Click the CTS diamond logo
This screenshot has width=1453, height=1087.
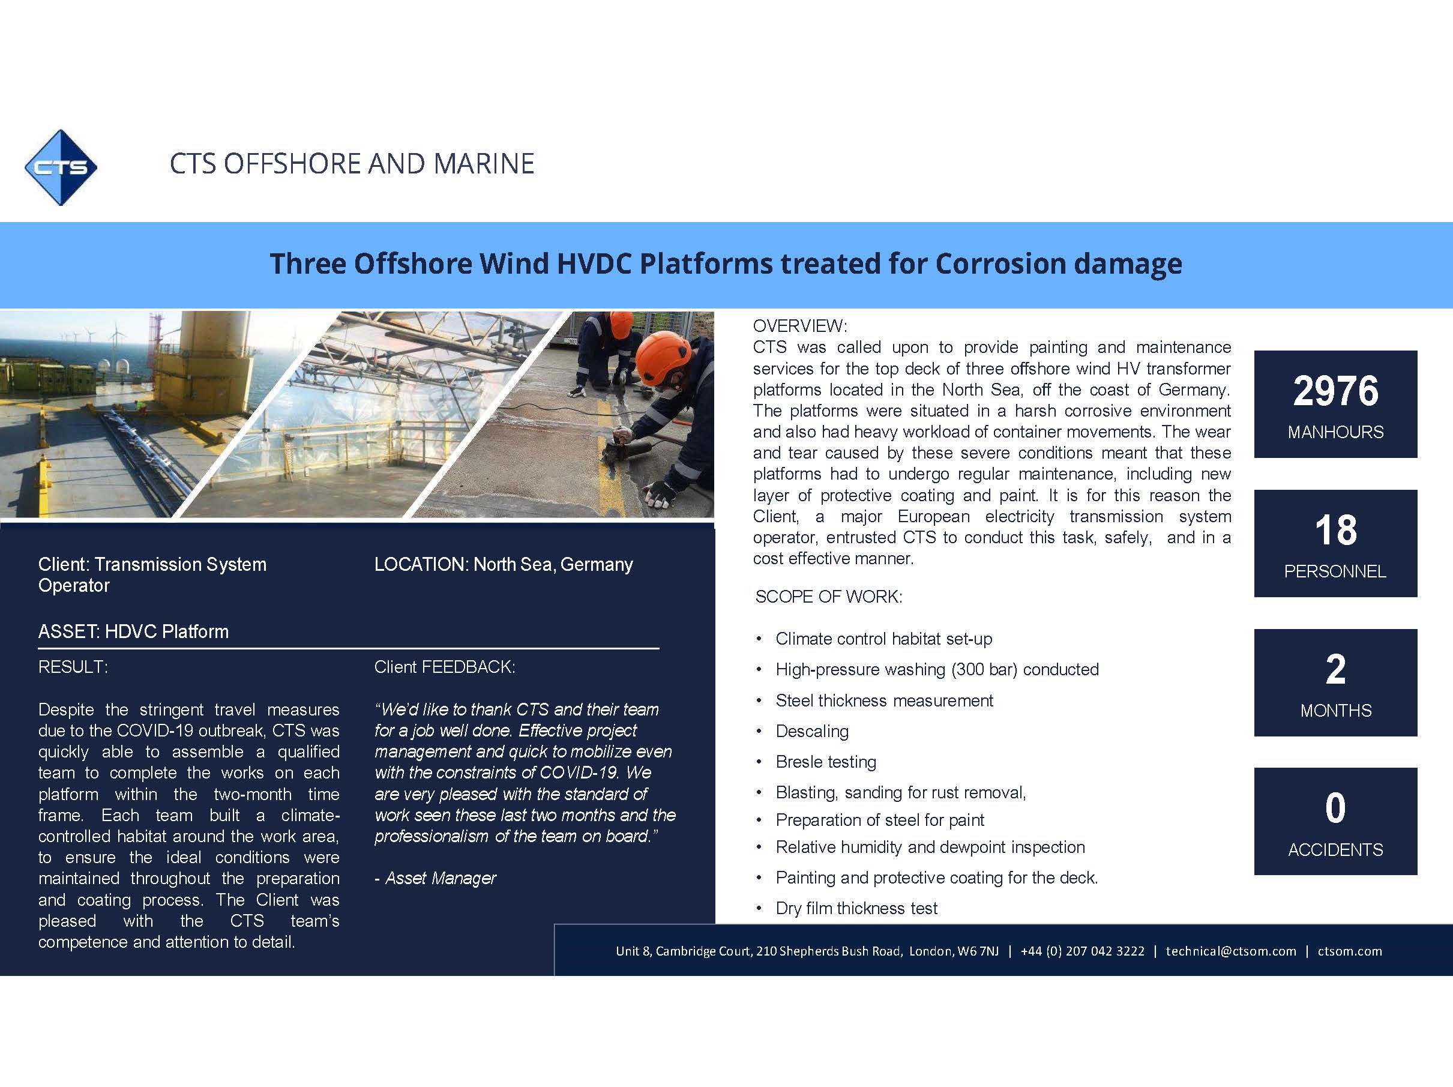point(61,167)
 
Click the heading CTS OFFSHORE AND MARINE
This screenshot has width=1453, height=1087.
point(352,163)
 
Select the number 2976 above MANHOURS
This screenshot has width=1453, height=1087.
point(1335,391)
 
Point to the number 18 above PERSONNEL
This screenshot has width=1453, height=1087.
point(1335,530)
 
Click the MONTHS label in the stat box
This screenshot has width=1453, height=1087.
point(1335,711)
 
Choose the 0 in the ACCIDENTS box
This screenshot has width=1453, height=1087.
point(1335,808)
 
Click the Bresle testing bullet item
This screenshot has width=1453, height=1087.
point(826,762)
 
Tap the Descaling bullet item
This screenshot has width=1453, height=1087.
point(812,731)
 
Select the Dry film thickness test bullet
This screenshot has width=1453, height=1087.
point(856,908)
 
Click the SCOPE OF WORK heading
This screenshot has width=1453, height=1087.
point(828,597)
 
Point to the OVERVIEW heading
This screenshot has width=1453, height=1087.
point(800,326)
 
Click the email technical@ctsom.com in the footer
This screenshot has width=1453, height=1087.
point(1231,951)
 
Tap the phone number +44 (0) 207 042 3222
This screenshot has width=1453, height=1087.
point(1083,951)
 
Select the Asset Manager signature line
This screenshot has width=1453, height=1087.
point(436,878)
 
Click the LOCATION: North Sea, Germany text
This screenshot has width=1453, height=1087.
point(504,564)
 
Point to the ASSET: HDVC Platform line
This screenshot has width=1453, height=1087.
point(133,631)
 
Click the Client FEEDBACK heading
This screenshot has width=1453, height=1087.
point(445,667)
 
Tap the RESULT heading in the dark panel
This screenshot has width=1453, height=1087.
point(73,667)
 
